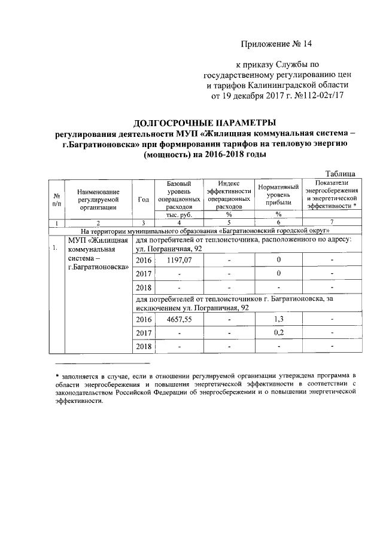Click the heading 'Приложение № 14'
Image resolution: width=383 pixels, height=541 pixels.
pyautogui.click(x=277, y=44)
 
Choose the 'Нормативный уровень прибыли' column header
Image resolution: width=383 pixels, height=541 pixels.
pyautogui.click(x=278, y=195)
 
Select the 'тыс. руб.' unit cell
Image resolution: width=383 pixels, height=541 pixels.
pyautogui.click(x=178, y=214)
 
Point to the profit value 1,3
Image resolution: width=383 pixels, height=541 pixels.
pyautogui.click(x=278, y=320)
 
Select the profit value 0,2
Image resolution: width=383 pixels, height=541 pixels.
pyautogui.click(x=278, y=333)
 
